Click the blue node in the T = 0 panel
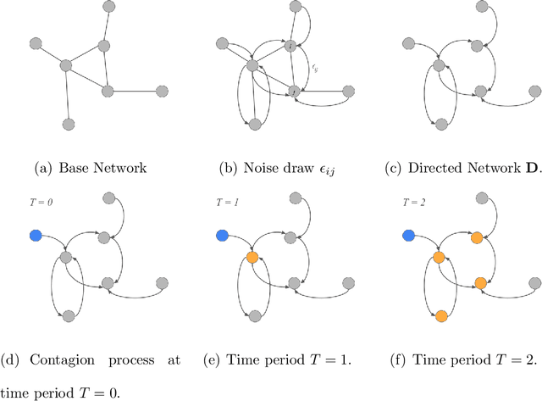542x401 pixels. click(x=35, y=235)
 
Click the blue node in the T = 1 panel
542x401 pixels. click(x=221, y=235)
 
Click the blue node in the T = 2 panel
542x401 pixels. click(x=407, y=235)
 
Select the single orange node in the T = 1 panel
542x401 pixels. click(x=252, y=258)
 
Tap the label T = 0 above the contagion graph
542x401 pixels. click(x=38, y=203)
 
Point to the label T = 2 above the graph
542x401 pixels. click(x=410, y=203)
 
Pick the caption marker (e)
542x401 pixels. click(x=212, y=359)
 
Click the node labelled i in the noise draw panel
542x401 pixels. click(x=290, y=46)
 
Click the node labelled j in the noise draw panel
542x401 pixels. click(x=292, y=90)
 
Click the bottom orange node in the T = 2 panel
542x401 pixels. click(x=440, y=315)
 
